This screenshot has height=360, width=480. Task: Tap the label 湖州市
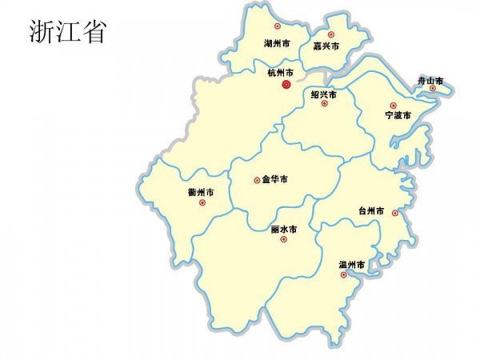click(x=278, y=43)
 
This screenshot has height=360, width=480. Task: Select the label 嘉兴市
click(x=326, y=46)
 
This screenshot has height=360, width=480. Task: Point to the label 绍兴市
click(x=323, y=94)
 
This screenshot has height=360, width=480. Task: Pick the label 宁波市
click(x=397, y=116)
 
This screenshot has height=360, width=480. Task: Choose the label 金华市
click(x=274, y=179)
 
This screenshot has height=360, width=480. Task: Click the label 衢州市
click(x=201, y=193)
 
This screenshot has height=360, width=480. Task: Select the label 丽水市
click(x=284, y=229)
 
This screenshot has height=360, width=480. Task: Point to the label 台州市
click(x=371, y=211)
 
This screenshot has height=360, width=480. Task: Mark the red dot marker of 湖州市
click(x=277, y=26)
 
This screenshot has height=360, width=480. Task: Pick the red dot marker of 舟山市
click(x=433, y=88)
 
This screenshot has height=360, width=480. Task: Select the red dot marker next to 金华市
click(x=256, y=180)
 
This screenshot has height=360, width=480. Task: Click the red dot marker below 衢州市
click(x=201, y=202)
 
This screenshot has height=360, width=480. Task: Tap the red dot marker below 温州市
click(x=343, y=274)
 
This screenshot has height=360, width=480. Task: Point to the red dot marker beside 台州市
click(x=395, y=213)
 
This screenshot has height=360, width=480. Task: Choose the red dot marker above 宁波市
click(x=393, y=106)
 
